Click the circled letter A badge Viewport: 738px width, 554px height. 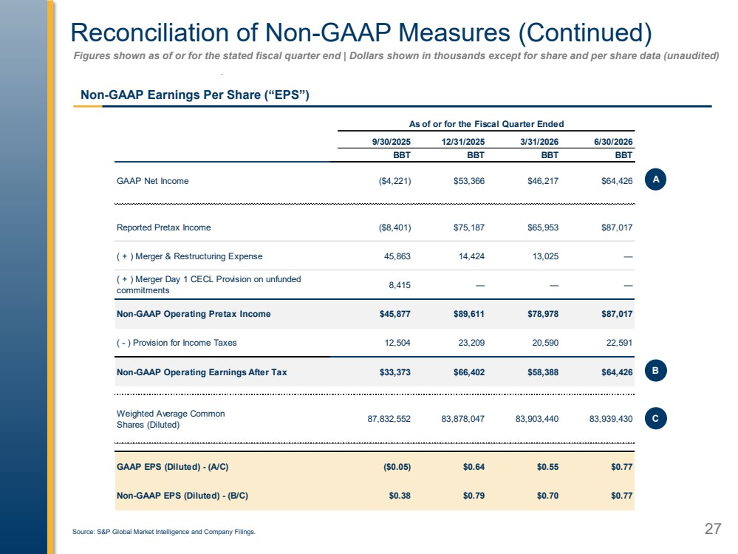pyautogui.click(x=656, y=179)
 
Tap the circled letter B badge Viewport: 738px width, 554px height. pyautogui.click(x=656, y=371)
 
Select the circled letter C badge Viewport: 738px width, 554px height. pyautogui.click(x=656, y=418)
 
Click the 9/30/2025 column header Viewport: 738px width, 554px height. pyautogui.click(x=391, y=142)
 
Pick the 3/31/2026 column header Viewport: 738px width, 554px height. pyautogui.click(x=539, y=142)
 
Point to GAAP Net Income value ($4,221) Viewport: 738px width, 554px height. pyautogui.click(x=394, y=181)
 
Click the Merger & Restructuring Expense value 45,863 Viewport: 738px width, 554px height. pyautogui.click(x=397, y=256)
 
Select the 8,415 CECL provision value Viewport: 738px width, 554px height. pyautogui.click(x=400, y=285)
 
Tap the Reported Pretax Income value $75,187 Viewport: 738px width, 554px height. pyautogui.click(x=469, y=228)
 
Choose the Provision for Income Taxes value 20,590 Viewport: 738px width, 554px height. pyautogui.click(x=545, y=343)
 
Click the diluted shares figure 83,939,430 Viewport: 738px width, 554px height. pyautogui.click(x=611, y=418)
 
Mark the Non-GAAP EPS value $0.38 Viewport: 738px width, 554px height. pyautogui.click(x=400, y=496)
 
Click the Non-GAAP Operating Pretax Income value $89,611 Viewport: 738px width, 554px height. pyautogui.click(x=469, y=314)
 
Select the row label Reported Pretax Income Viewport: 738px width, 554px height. pyautogui.click(x=164, y=228)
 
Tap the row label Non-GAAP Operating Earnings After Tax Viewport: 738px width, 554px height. pyautogui.click(x=202, y=372)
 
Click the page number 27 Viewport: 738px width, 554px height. pyautogui.click(x=713, y=529)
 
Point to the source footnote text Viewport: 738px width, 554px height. pyautogui.click(x=164, y=532)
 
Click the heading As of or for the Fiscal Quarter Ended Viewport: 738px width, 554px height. pyautogui.click(x=486, y=124)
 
